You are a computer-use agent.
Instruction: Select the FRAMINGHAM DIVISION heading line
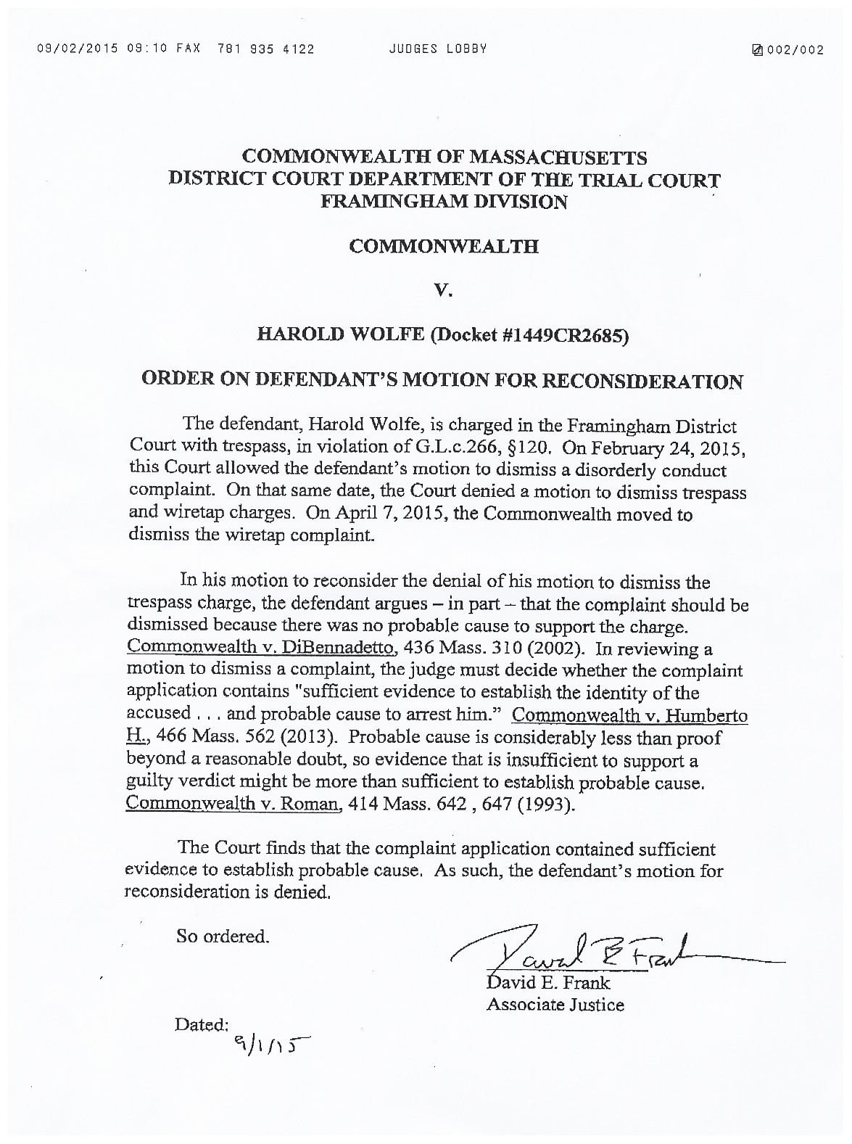click(444, 202)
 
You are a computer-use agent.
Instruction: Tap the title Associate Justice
click(555, 1005)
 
